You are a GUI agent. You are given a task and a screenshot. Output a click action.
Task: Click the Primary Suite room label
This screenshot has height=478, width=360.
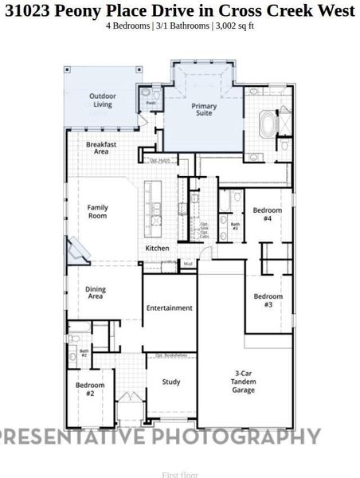pyautogui.click(x=204, y=109)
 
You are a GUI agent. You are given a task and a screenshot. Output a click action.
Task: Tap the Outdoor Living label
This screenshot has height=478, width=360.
pyautogui.click(x=103, y=100)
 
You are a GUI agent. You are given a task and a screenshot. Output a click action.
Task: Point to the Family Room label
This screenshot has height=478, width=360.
pyautogui.click(x=97, y=211)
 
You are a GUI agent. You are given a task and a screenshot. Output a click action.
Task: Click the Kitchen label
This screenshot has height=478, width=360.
pyautogui.click(x=157, y=249)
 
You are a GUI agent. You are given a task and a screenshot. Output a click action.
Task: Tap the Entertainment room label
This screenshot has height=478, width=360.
pyautogui.click(x=169, y=308)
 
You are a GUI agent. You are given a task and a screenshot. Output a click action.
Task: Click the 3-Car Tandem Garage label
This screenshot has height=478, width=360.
pyautogui.click(x=243, y=381)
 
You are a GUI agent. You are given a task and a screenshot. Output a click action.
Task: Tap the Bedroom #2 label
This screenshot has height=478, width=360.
pyautogui.click(x=85, y=389)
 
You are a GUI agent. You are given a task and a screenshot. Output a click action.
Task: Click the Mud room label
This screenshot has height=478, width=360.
pyautogui.click(x=188, y=263)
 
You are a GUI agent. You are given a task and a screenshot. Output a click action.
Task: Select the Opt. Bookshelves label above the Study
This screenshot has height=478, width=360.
pyautogui.click(x=170, y=355)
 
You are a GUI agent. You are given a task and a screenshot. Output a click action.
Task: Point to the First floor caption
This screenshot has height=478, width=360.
pyautogui.click(x=179, y=475)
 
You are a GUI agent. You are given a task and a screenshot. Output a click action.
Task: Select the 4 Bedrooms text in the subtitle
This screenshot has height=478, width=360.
pyautogui.click(x=128, y=25)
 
